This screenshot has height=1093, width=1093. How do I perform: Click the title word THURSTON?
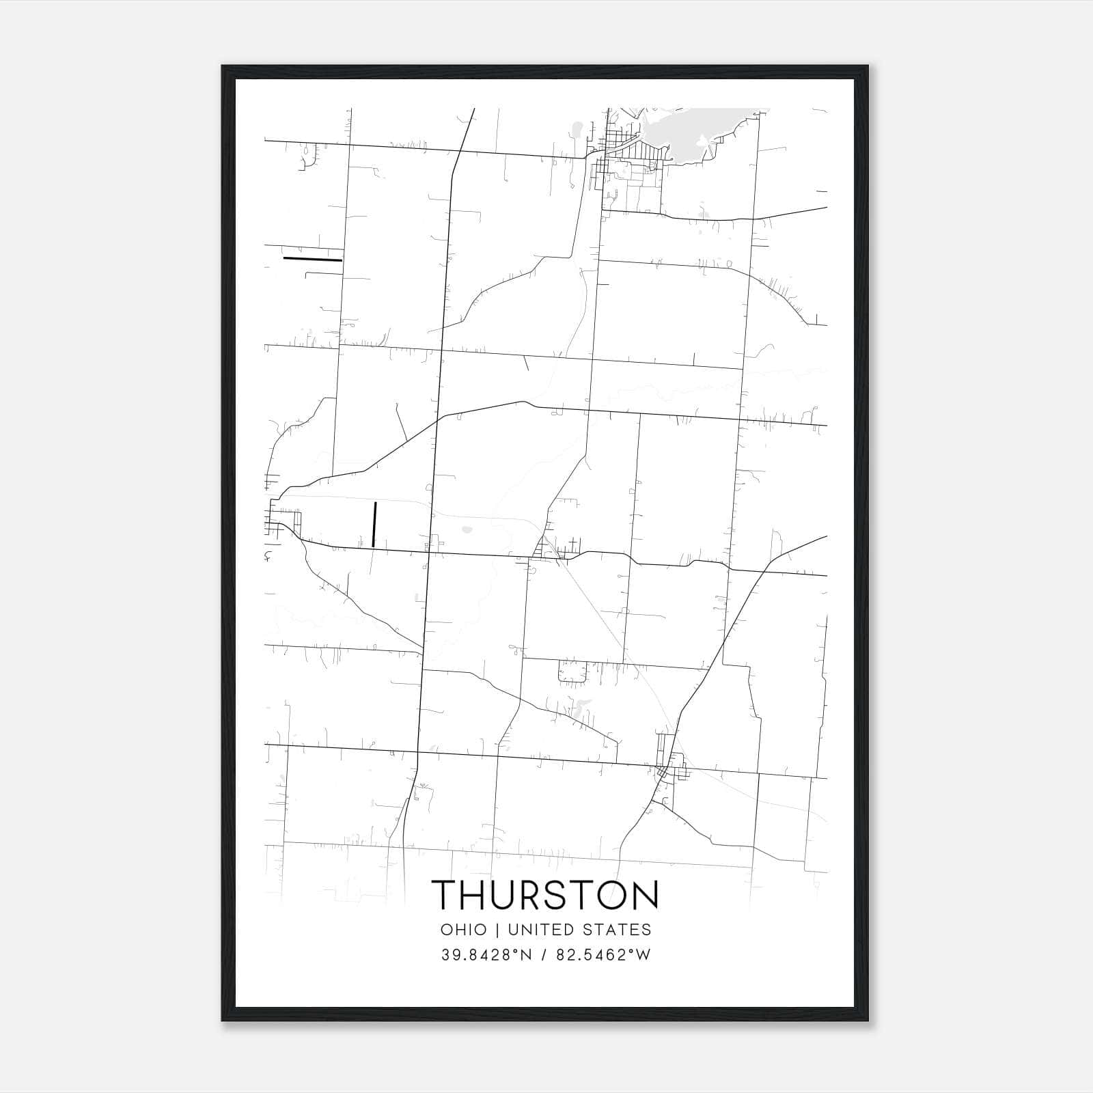pyautogui.click(x=546, y=894)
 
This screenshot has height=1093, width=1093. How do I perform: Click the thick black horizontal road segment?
pyautogui.click(x=312, y=259)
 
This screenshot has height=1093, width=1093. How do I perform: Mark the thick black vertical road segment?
pyautogui.click(x=374, y=524)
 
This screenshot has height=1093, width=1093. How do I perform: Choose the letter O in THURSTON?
pyautogui.click(x=613, y=894)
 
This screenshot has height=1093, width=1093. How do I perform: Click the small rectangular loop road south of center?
pyautogui.click(x=572, y=672)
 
